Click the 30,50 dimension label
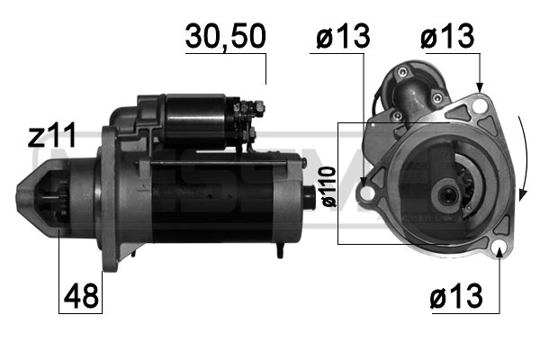coord(225,37)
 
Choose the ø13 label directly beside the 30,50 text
coord(343,37)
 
